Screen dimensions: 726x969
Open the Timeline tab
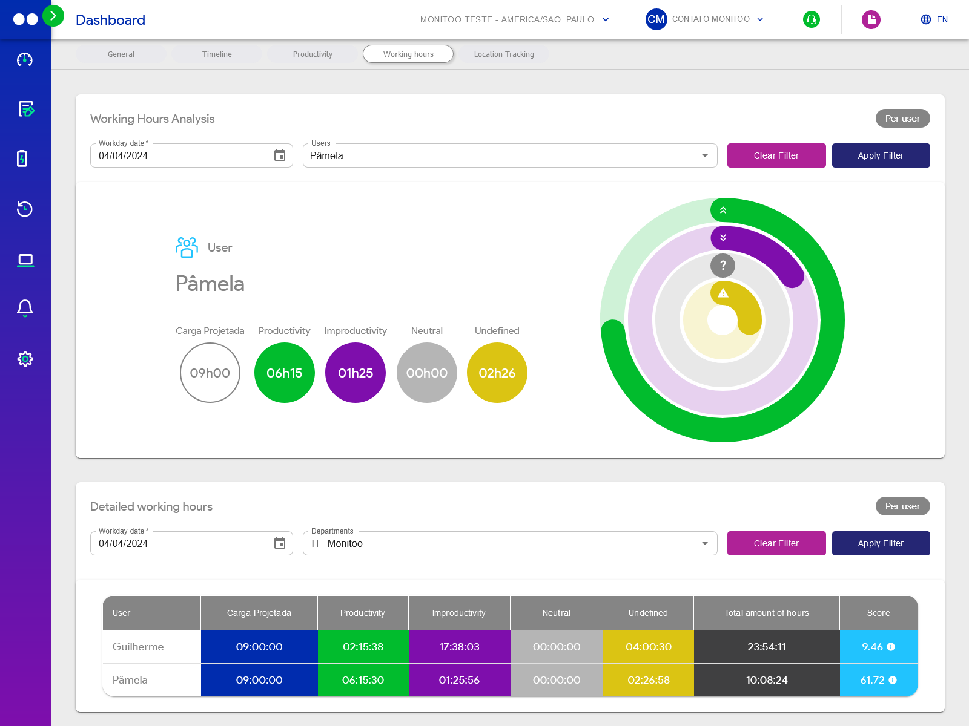tap(217, 54)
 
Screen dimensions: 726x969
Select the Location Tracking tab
tap(504, 54)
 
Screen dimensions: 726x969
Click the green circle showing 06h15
tap(284, 373)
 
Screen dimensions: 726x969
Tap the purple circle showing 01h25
tap(356, 373)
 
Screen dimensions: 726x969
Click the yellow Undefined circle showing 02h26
tap(497, 373)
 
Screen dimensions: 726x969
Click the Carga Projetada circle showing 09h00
tap(210, 373)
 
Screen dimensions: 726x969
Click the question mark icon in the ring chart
tap(723, 265)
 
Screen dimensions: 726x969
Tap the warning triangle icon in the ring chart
tap(723, 293)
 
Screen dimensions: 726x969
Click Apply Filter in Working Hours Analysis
tap(881, 155)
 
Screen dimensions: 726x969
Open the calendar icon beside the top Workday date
tap(280, 155)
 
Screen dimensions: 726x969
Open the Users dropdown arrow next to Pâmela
tap(704, 155)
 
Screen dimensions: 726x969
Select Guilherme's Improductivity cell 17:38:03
tap(459, 647)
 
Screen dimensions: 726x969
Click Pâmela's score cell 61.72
tap(878, 680)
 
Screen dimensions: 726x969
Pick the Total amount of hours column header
tap(766, 613)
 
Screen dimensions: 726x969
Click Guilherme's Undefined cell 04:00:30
tap(648, 647)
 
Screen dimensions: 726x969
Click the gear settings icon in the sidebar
tap(25, 359)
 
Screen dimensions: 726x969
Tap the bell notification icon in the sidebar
tap(25, 308)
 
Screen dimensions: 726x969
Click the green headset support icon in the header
tap(811, 19)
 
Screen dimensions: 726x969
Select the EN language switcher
tap(934, 19)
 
